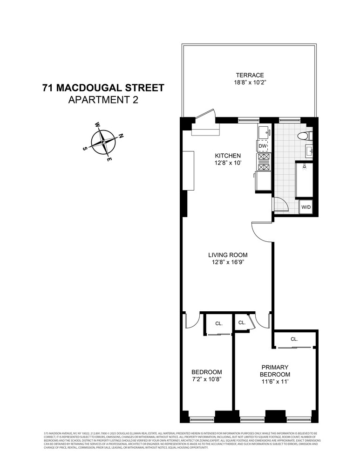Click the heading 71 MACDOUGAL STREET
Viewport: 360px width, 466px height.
tap(103, 88)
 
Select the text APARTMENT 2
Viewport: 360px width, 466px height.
tap(103, 100)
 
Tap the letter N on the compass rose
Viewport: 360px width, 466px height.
tap(121, 136)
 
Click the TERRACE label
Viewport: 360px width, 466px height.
tap(250, 75)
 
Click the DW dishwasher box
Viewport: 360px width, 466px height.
tap(263, 146)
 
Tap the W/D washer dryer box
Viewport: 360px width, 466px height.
tap(306, 207)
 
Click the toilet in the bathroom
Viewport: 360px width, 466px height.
tap(305, 136)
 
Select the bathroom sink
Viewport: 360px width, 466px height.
tap(309, 151)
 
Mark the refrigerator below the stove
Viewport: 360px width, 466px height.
tap(263, 182)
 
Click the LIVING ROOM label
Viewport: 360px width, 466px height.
tap(227, 255)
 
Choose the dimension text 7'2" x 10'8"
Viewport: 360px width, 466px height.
tap(206, 379)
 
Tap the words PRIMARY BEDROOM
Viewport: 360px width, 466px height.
tap(275, 371)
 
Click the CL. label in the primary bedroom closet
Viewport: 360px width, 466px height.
tap(294, 339)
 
